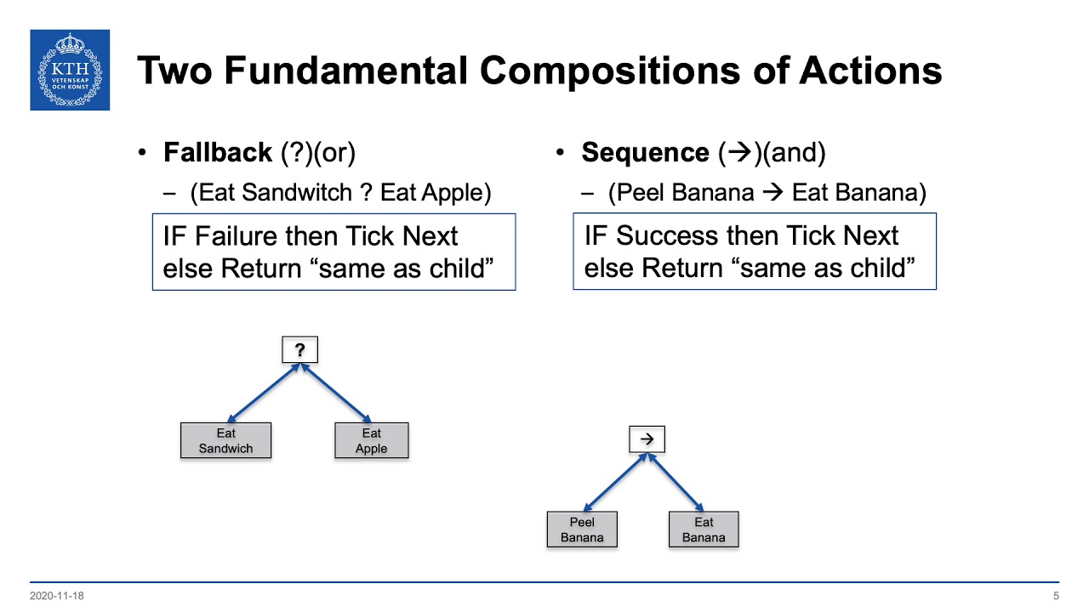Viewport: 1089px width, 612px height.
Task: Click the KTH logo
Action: [70, 70]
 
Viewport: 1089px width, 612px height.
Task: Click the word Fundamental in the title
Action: [344, 71]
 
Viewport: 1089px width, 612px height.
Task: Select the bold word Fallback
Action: [218, 153]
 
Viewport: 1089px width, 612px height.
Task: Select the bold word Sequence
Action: [645, 153]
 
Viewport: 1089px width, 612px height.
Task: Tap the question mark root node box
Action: [299, 350]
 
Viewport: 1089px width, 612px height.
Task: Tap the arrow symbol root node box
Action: [647, 439]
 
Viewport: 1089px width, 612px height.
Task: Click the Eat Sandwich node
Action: [225, 441]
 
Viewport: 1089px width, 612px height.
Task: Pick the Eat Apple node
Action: [372, 441]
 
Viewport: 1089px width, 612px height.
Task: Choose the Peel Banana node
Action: [582, 530]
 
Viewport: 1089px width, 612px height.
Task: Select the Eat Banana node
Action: [704, 530]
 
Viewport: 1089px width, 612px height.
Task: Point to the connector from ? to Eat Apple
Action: [336, 394]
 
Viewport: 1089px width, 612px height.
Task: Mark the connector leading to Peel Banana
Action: [614, 482]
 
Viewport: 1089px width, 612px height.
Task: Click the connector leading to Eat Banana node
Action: [676, 482]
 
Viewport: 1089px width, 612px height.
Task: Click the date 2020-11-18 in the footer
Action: [56, 596]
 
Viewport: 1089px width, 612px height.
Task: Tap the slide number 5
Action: [1056, 596]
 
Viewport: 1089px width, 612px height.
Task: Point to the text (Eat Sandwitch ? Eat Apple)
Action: [340, 193]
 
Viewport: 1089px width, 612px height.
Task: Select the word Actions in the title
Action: [870, 71]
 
